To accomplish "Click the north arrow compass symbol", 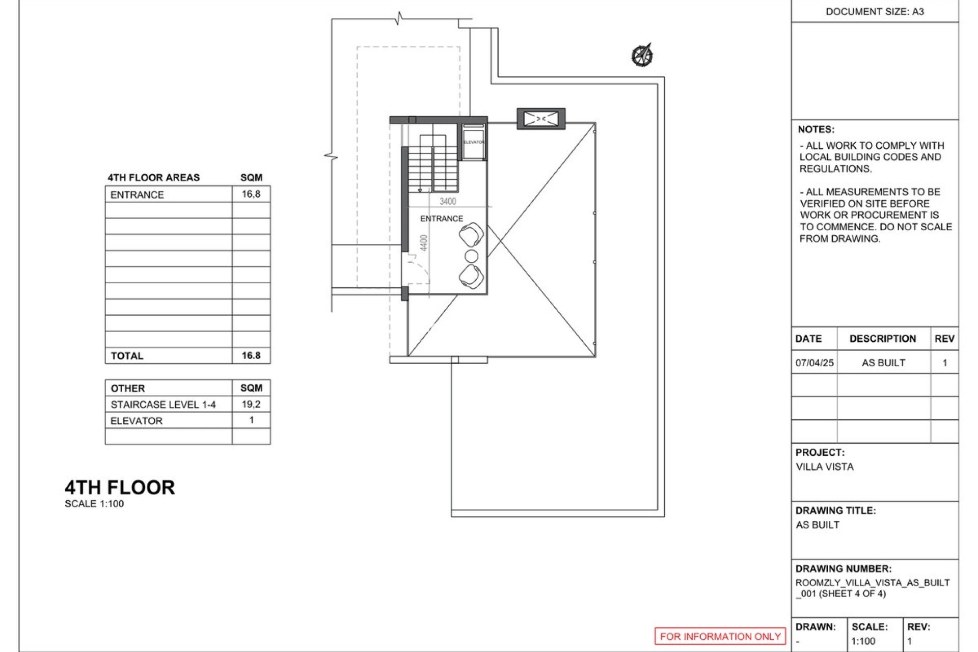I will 643,55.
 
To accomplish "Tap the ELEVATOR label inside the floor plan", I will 473,142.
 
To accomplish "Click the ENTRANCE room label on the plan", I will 441,219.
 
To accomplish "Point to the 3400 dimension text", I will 448,202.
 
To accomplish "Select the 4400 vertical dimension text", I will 424,242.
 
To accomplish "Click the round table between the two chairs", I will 472,256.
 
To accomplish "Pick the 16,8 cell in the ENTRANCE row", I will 251,194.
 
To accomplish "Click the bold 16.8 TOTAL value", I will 251,356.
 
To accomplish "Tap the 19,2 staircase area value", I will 251,404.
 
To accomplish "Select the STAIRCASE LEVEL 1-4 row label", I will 163,404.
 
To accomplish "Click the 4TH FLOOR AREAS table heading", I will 153,178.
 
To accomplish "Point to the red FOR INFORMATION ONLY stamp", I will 720,636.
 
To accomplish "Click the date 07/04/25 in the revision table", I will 814,363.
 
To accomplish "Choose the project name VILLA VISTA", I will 824,467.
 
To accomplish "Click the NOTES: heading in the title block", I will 816,129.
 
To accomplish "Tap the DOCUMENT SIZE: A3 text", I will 875,12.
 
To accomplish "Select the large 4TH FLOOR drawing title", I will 120,487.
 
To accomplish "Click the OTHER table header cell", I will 128,388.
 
